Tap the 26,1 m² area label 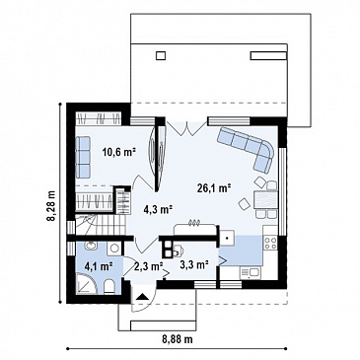click(x=215, y=187)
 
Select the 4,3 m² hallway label click(x=159, y=208)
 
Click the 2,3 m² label click(x=149, y=265)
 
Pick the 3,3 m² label click(x=195, y=264)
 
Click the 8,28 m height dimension click(x=51, y=206)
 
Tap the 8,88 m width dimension click(x=178, y=339)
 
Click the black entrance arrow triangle click(x=142, y=297)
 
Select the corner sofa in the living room click(x=248, y=148)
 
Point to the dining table click(x=265, y=200)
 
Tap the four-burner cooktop click(x=270, y=243)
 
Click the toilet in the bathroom click(x=109, y=286)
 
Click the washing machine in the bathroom click(x=114, y=249)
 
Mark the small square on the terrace click(x=161, y=55)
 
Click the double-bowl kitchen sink click(x=250, y=272)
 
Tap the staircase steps click(x=100, y=225)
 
